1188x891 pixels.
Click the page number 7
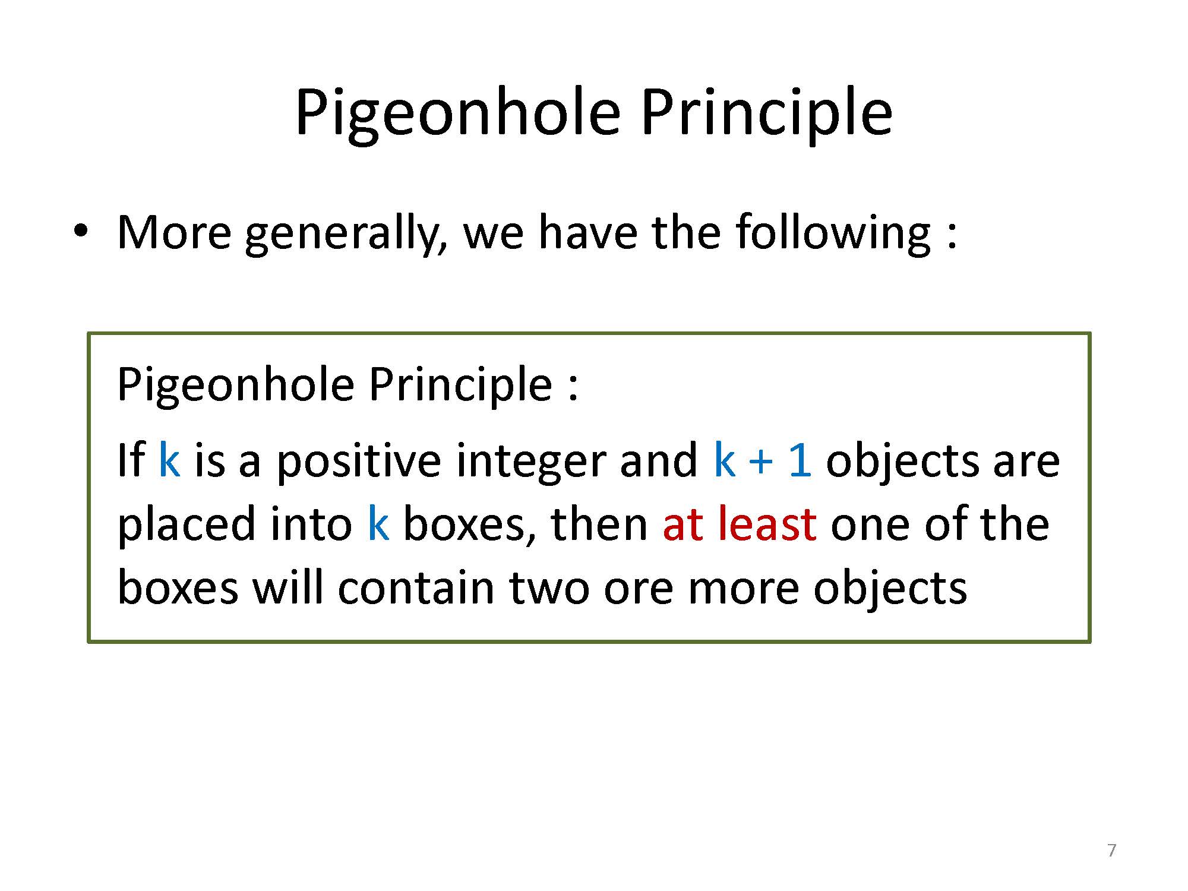click(x=1112, y=851)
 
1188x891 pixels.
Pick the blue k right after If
click(x=169, y=460)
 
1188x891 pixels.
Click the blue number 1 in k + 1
click(x=800, y=460)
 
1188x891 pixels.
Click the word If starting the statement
click(x=131, y=460)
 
